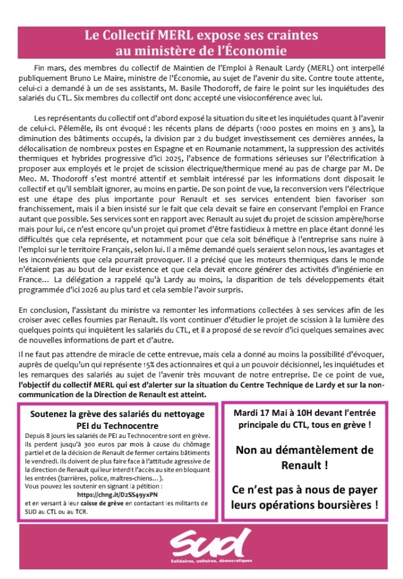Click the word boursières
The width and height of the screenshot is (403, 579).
[x=349, y=504]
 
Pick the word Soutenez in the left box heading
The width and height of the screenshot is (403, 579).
[x=50, y=399]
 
